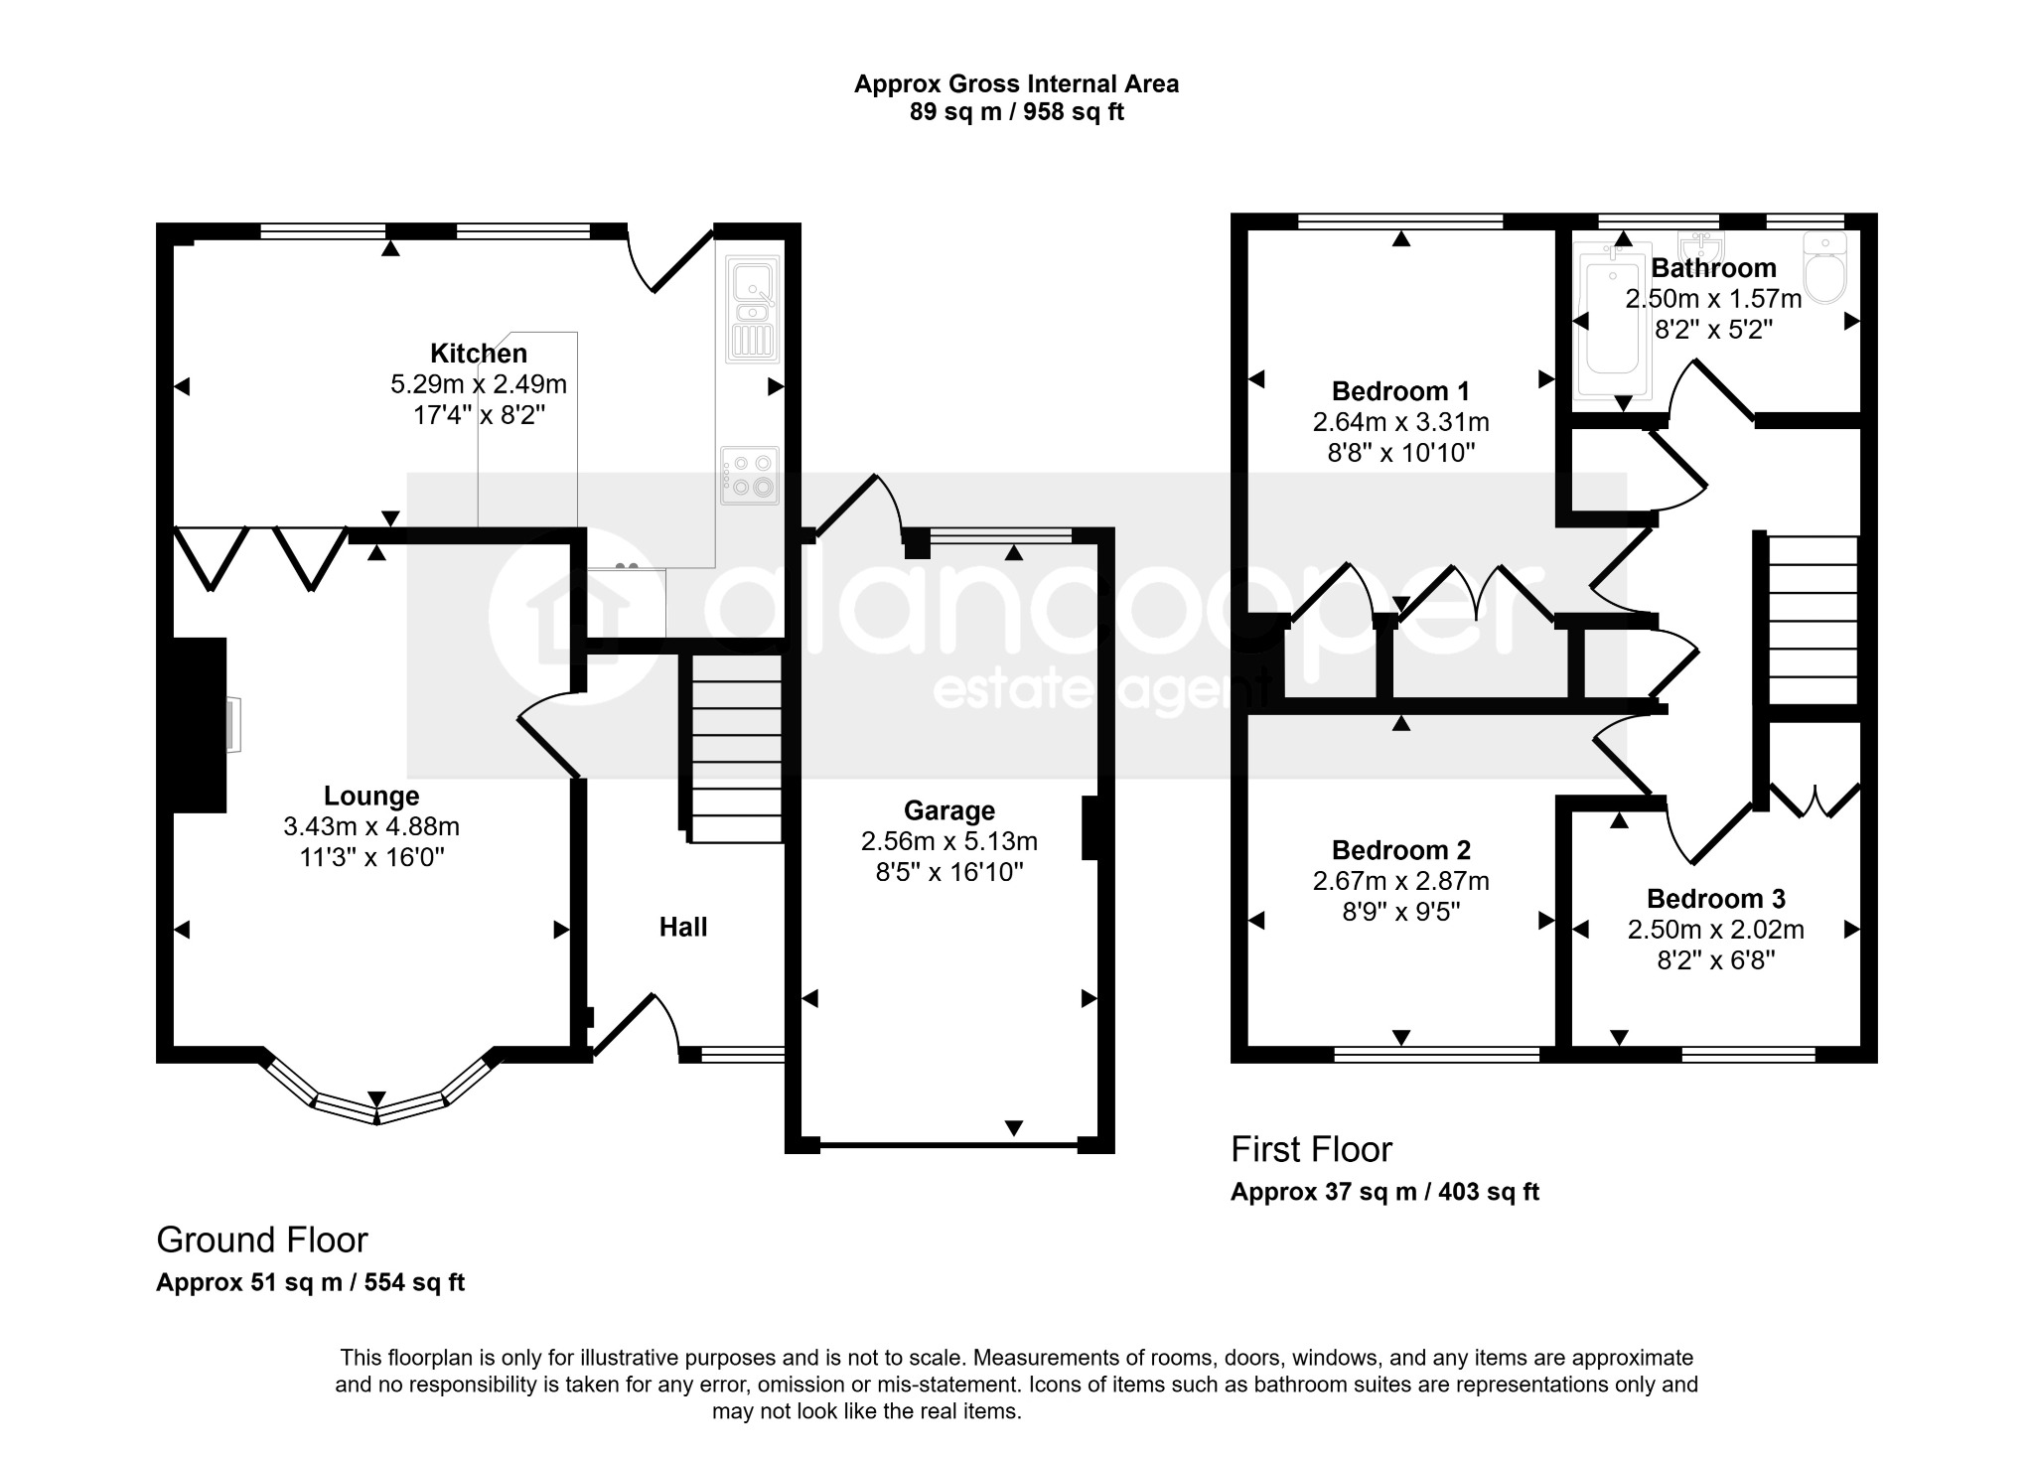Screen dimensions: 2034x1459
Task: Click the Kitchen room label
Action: (478, 353)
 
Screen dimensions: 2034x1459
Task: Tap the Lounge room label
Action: (371, 796)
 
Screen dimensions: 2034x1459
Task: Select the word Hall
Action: (683, 927)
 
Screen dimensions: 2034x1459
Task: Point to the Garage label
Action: (948, 811)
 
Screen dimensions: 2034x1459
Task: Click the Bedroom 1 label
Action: (1400, 391)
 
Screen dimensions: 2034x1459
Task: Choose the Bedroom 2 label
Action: (1400, 850)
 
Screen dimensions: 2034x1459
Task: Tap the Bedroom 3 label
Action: (1715, 899)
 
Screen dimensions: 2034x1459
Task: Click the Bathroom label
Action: (1713, 268)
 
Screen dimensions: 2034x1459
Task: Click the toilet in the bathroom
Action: (1823, 265)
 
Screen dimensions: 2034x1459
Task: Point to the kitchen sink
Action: (754, 309)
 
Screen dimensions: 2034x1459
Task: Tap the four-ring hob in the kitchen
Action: (750, 475)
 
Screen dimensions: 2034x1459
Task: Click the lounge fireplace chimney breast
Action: (201, 725)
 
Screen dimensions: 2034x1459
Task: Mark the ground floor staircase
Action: (735, 749)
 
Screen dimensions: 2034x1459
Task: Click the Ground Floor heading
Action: (262, 1240)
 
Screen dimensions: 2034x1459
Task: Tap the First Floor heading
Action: (1311, 1149)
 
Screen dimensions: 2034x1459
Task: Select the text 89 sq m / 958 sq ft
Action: (1016, 112)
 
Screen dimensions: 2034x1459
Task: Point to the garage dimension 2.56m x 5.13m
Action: (948, 842)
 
